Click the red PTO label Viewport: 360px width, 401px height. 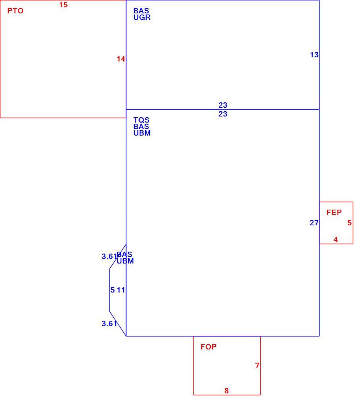15,11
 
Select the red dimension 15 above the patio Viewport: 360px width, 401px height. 63,5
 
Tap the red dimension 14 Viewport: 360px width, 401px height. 121,59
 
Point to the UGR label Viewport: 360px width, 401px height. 142,18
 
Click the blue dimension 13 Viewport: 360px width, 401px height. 314,55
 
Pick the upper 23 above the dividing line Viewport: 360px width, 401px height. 223,105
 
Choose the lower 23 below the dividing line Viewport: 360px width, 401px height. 223,114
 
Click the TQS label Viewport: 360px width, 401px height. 141,120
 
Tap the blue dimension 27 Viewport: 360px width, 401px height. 314,223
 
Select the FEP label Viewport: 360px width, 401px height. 334,212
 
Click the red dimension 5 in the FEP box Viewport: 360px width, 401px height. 350,223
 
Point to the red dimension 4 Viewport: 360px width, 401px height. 336,239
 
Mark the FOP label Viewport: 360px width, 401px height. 208,347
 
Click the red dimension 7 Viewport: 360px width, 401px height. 257,366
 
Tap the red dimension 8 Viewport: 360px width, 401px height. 226,391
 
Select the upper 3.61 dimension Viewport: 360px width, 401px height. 110,256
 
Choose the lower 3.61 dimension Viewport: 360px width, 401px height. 110,323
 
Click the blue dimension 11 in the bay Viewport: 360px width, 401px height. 121,290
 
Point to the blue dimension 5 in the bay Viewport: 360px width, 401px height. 113,290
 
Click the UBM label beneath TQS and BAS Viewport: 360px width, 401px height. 142,133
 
